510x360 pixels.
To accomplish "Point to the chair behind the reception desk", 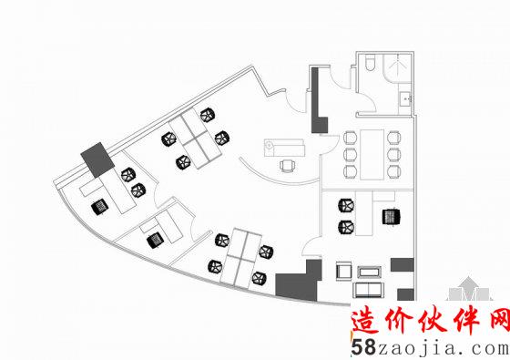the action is (x=288, y=165).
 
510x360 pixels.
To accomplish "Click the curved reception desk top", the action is (x=283, y=147).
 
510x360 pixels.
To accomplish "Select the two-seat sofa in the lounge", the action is (x=370, y=290).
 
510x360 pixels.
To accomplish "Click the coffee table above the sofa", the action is (x=371, y=271).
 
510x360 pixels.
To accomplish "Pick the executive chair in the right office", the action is (x=392, y=217).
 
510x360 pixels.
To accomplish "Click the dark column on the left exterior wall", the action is (x=95, y=159).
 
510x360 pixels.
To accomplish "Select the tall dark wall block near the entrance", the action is (x=317, y=99).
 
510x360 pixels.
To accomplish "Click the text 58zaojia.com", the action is (x=428, y=347).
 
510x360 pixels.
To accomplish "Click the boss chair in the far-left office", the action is (x=98, y=206).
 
